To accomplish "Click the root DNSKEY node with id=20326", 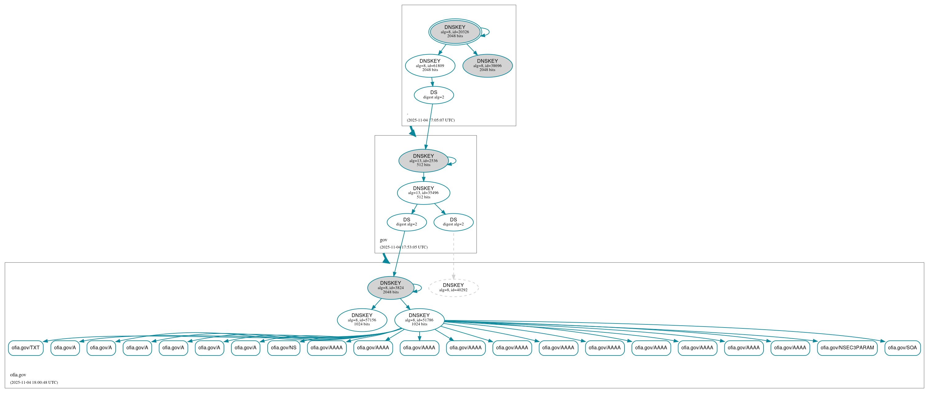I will pyautogui.click(x=455, y=32).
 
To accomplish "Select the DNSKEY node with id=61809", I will pyautogui.click(x=430, y=65).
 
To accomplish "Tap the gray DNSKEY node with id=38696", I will pyautogui.click(x=487, y=65).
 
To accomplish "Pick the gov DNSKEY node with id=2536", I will pyautogui.click(x=423, y=161).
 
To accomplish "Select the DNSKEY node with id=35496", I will pyautogui.click(x=423, y=193).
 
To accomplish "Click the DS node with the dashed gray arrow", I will pyautogui.click(x=453, y=222).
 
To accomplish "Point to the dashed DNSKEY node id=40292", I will pyautogui.click(x=453, y=288).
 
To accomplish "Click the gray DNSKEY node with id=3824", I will pyautogui.click(x=391, y=288).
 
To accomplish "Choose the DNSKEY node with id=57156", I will pyautogui.click(x=362, y=320).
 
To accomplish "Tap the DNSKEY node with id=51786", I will pyautogui.click(x=419, y=320).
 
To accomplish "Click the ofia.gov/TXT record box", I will pyautogui.click(x=26, y=348).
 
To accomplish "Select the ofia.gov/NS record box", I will pyautogui.click(x=283, y=348).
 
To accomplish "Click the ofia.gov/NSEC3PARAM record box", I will pyautogui.click(x=847, y=348).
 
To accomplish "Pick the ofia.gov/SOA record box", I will pyautogui.click(x=902, y=348).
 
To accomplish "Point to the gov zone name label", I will pyautogui.click(x=383, y=240).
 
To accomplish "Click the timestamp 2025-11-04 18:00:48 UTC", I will pyautogui.click(x=34, y=383).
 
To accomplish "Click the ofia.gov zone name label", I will pyautogui.click(x=18, y=375).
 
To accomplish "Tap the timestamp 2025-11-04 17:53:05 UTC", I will pyautogui.click(x=404, y=247).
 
